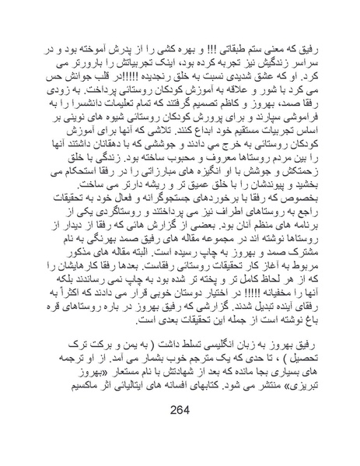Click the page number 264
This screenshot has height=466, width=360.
point(180,433)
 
